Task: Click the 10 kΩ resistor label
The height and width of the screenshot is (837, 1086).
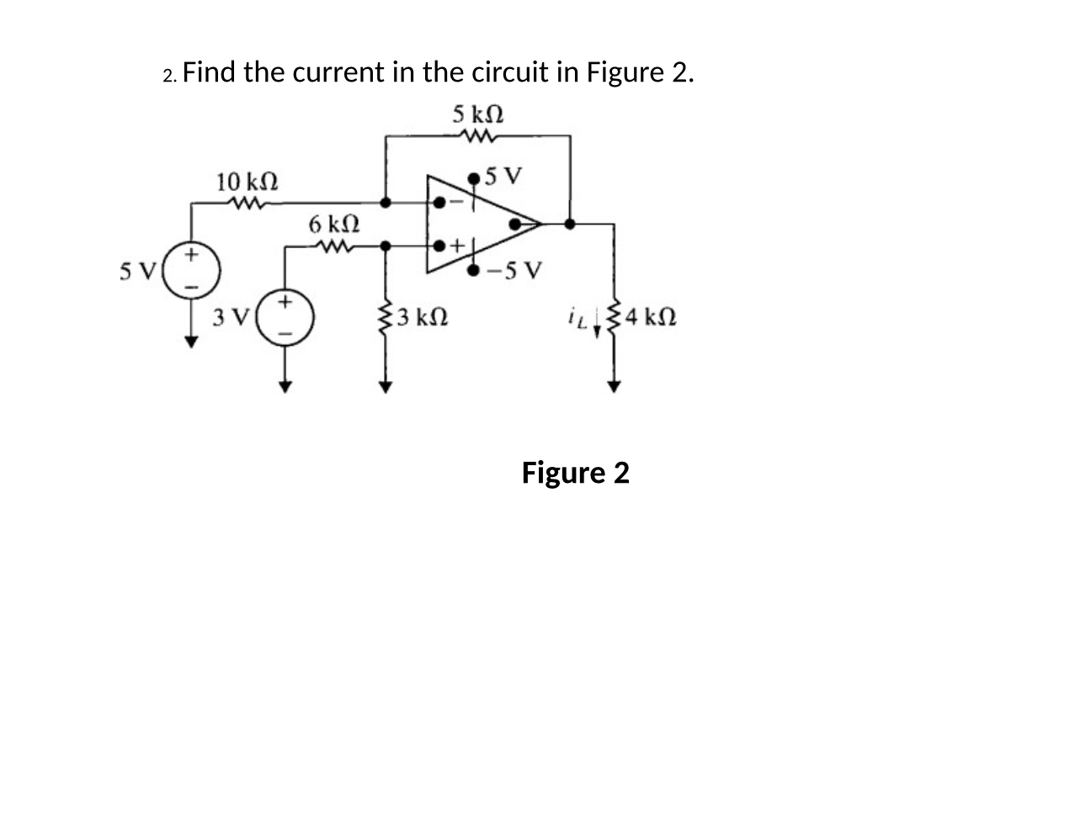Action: click(x=248, y=181)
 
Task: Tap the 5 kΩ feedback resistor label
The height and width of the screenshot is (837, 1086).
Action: click(x=478, y=114)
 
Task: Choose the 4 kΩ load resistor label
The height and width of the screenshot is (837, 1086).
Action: click(x=652, y=319)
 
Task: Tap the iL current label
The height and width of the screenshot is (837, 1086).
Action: click(x=578, y=317)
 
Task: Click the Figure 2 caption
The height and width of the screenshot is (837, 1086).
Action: click(x=575, y=473)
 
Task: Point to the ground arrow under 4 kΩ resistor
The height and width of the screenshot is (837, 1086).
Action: click(x=614, y=385)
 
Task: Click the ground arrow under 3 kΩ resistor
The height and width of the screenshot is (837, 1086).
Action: click(x=386, y=386)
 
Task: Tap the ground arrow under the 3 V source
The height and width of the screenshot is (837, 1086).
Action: click(x=285, y=386)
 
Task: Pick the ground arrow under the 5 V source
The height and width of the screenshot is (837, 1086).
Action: click(x=193, y=341)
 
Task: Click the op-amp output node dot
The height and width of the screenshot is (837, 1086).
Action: click(x=570, y=224)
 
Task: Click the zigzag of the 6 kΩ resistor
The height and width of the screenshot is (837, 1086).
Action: click(x=334, y=246)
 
